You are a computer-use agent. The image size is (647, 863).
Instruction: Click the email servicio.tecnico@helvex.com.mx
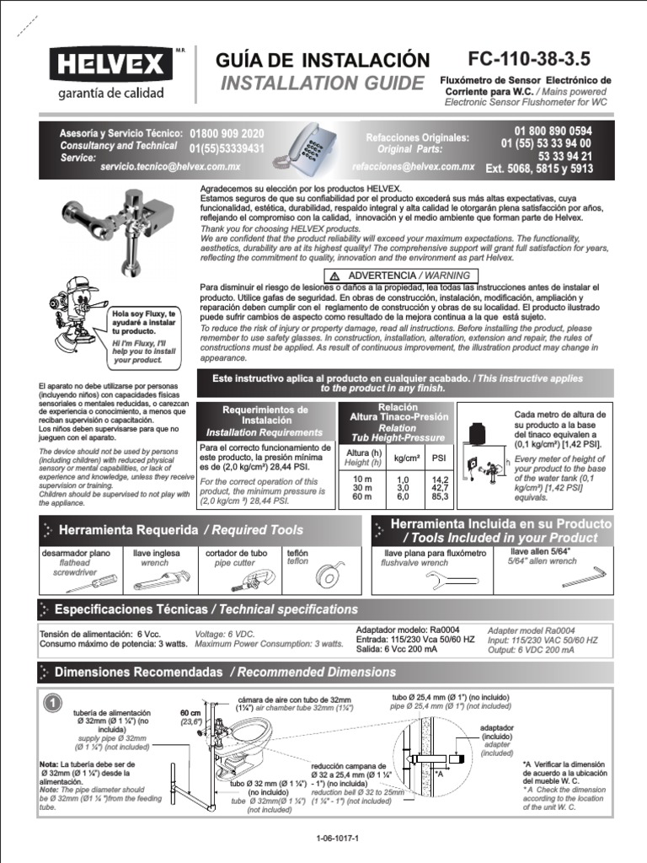[x=170, y=168]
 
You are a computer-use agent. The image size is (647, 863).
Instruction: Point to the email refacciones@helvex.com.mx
[x=414, y=167]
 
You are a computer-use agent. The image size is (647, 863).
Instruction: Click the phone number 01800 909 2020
[x=227, y=134]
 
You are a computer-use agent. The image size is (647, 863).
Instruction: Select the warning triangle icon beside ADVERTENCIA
[x=334, y=276]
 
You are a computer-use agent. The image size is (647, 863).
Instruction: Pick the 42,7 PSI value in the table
[x=438, y=487]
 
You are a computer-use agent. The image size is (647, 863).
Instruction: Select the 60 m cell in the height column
[x=363, y=498]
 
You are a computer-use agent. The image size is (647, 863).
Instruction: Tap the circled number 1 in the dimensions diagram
[x=52, y=701]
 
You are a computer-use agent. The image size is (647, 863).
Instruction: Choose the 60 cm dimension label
[x=190, y=713]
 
